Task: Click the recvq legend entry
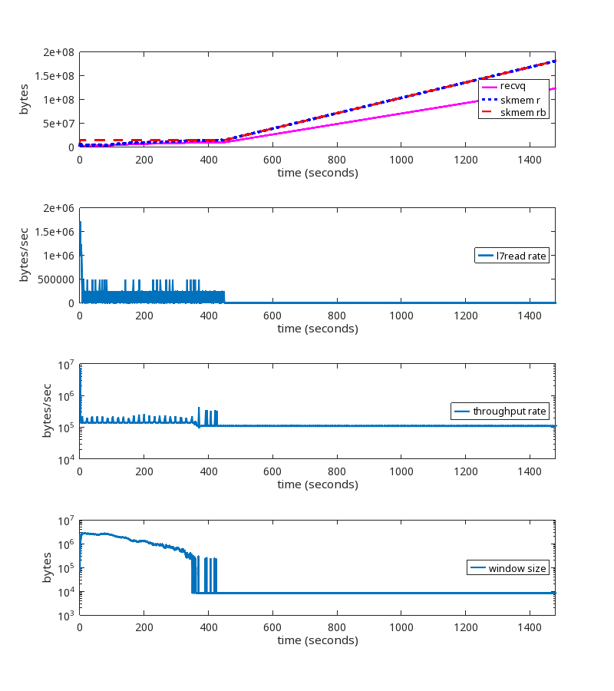coord(512,86)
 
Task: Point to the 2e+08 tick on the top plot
coord(58,52)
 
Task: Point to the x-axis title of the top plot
coord(317,173)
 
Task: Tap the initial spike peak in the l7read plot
coord(80,222)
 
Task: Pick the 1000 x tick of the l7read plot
coord(400,315)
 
